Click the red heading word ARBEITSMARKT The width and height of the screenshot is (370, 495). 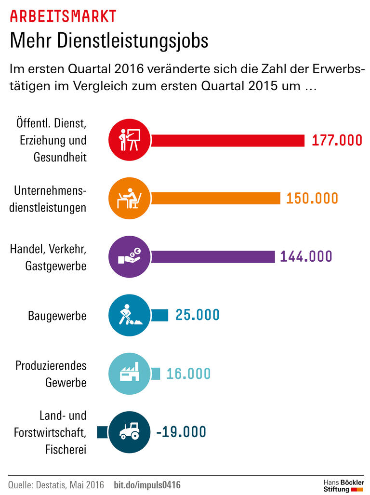point(63,16)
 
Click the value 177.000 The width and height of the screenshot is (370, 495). point(337,140)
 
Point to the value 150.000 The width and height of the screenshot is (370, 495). point(312,198)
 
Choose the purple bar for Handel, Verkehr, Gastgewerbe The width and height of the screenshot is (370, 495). point(207,256)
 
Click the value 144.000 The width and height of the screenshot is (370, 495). point(306,256)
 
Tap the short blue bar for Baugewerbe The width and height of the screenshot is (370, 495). point(159,315)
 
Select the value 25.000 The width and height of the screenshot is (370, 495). point(198,315)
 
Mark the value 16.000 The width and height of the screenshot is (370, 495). point(188,374)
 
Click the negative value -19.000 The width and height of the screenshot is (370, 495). point(181,432)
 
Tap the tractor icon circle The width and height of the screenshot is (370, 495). point(129,432)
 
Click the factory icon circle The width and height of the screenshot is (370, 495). point(129,374)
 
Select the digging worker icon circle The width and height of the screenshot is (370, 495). point(129,315)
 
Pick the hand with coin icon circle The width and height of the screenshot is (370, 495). point(129,256)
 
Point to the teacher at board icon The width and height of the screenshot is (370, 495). point(129,140)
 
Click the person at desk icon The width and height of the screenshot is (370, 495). point(129,198)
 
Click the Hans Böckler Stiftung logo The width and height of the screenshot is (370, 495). point(343,485)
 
